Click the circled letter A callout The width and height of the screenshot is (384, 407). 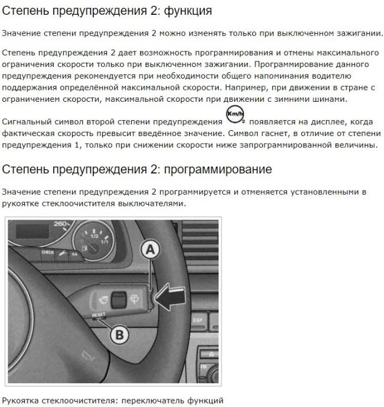(151, 250)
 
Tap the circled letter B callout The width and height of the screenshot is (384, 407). (119, 335)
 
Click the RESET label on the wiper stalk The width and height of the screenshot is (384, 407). (99, 315)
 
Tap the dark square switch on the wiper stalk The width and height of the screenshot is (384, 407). (119, 299)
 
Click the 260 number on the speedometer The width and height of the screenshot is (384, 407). (61, 224)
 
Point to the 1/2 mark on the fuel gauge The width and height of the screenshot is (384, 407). (94, 236)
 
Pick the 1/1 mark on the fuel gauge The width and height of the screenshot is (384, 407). (105, 242)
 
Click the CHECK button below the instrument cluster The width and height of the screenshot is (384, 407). (48, 252)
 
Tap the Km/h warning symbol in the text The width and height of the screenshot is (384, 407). (236, 114)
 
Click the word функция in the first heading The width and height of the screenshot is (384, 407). (188, 11)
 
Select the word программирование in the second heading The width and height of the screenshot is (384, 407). (218, 170)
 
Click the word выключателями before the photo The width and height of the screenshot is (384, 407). (152, 204)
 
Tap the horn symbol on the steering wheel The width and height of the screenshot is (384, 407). (88, 356)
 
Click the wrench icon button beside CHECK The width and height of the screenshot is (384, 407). (62, 253)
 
